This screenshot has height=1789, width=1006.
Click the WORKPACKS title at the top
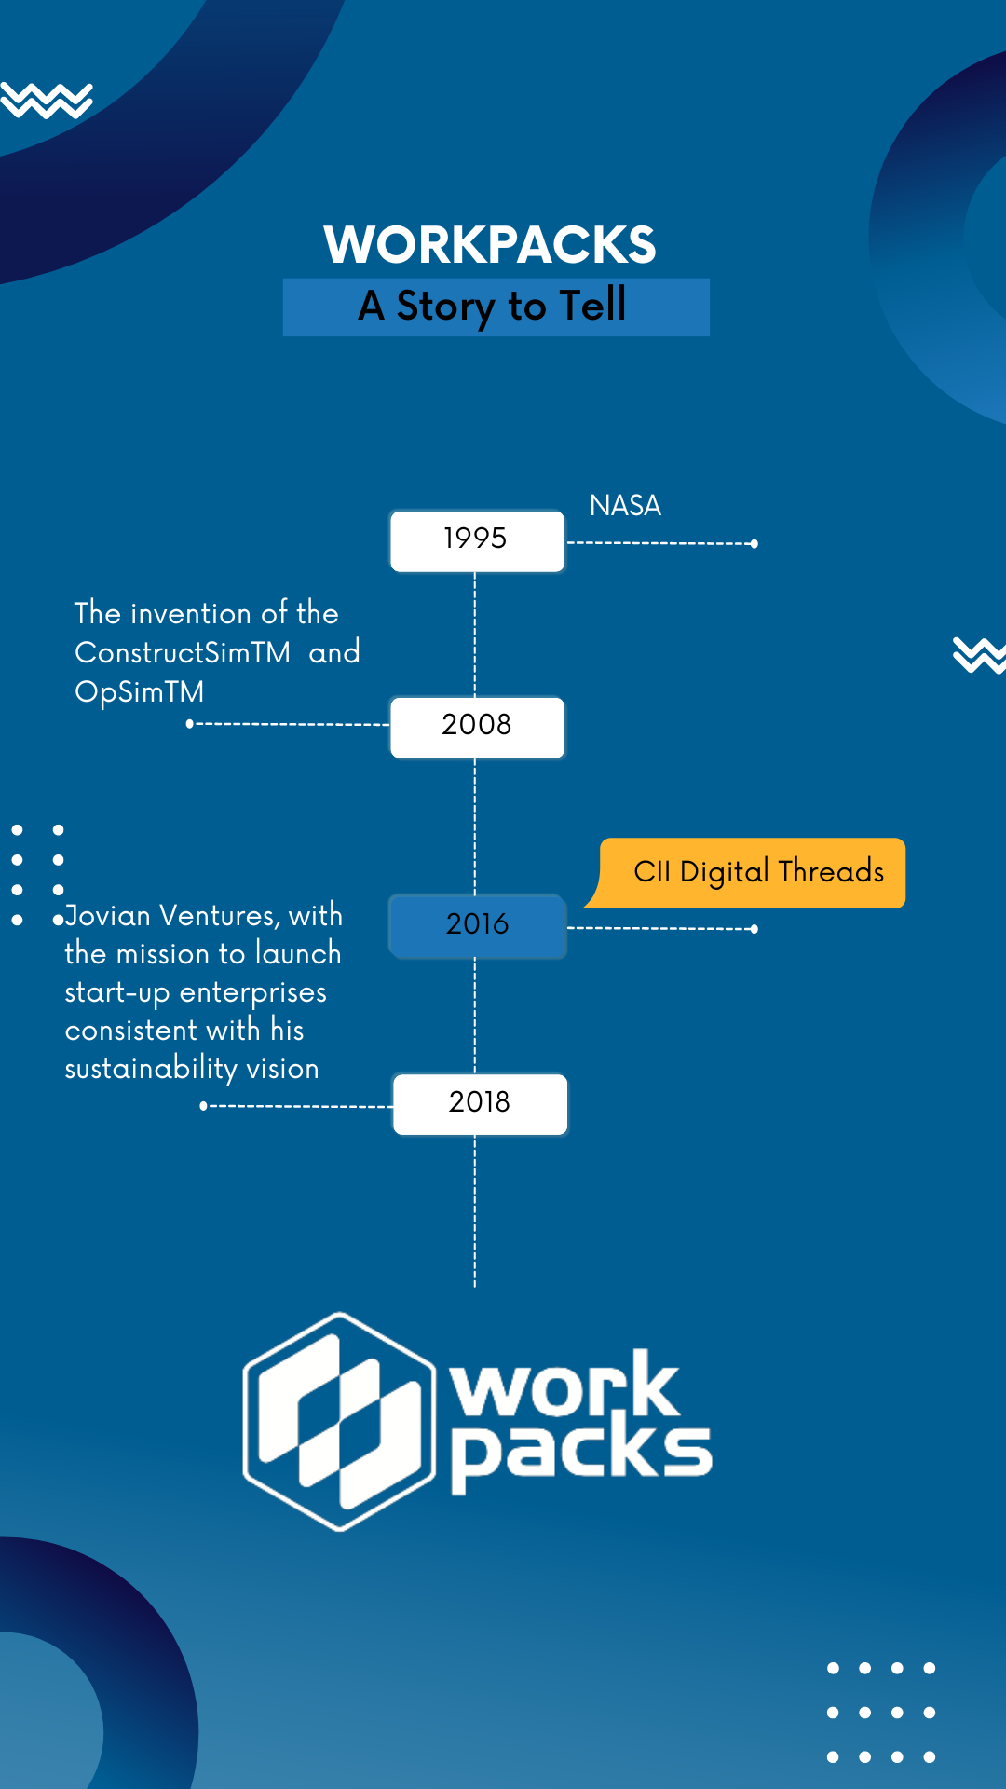490,245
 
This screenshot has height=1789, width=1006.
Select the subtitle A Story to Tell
493,307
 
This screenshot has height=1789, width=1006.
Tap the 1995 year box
477,539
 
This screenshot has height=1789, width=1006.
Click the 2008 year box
477,726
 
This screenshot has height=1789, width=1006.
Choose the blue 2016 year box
477,924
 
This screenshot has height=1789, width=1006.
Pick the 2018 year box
480,1102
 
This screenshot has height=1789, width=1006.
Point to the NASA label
625,506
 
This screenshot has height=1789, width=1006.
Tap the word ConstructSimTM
183,652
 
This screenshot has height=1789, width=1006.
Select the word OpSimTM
139,691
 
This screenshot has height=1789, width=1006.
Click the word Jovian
108,916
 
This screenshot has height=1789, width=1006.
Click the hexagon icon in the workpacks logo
339,1421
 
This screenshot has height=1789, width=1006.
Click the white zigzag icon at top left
47,101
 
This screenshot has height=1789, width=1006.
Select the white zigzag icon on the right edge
979,654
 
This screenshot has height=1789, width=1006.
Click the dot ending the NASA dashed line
754,544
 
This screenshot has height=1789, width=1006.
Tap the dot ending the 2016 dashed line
754,929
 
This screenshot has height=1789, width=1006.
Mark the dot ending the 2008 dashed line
189,724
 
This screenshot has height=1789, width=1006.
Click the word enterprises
253,992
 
